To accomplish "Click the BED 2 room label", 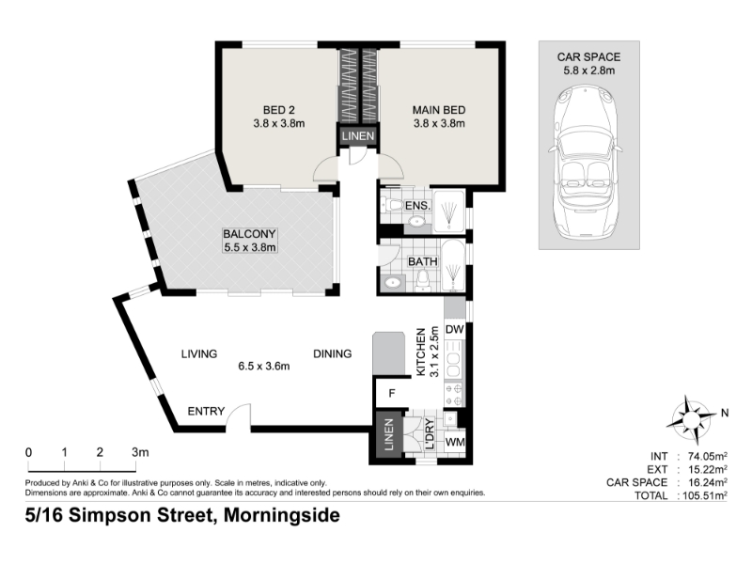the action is (278, 110).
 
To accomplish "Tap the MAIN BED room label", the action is (439, 110).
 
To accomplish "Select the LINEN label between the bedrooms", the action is (358, 135).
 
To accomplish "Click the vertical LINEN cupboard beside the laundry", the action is (388, 435).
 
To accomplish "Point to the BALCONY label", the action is (249, 234).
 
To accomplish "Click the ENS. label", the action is (417, 206).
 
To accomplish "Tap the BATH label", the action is (422, 261).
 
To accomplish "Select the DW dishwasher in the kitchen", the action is (455, 330).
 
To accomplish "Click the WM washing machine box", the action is (455, 442).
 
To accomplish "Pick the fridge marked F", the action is (392, 393).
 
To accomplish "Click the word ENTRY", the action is (206, 412).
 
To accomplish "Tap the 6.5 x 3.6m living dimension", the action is (264, 367).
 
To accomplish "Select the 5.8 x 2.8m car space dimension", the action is (589, 70).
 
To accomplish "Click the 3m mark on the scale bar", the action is (140, 452).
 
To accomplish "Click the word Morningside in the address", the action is (282, 515).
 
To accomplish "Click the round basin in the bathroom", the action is (393, 283).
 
